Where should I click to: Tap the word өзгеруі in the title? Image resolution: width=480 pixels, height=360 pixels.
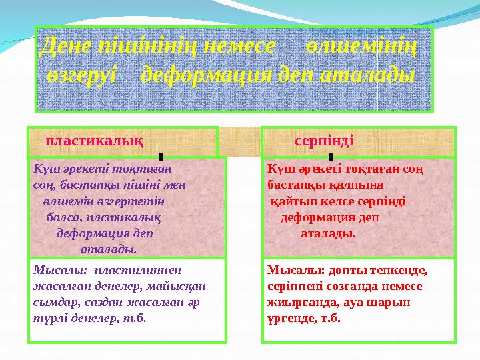[82, 75]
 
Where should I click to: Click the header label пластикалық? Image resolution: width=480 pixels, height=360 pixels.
[95, 141]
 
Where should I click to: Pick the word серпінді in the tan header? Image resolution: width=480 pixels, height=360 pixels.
[324, 141]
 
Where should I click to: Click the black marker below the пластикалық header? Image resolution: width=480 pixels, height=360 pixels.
[161, 157]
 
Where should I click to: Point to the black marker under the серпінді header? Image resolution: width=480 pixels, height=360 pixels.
[331, 157]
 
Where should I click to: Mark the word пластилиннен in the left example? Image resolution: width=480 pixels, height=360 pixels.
[138, 270]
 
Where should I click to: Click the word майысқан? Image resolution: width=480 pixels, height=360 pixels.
[176, 287]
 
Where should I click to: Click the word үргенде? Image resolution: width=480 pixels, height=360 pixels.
[292, 319]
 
